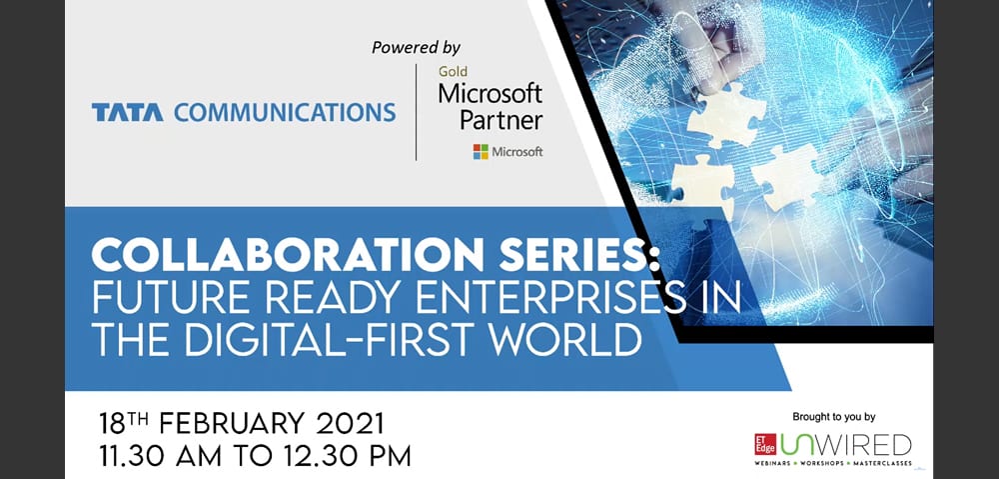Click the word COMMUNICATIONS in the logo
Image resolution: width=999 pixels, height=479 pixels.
pos(285,112)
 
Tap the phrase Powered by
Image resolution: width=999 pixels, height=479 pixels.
pos(417,46)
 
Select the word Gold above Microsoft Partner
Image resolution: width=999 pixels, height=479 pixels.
pos(453,72)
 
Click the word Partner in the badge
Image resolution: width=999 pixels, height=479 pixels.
pos(500,120)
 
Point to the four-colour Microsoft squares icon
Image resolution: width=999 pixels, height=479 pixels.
pos(481,152)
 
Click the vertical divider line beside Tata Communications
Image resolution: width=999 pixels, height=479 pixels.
pos(416,112)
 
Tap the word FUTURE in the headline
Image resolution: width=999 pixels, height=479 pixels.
pos(164,298)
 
